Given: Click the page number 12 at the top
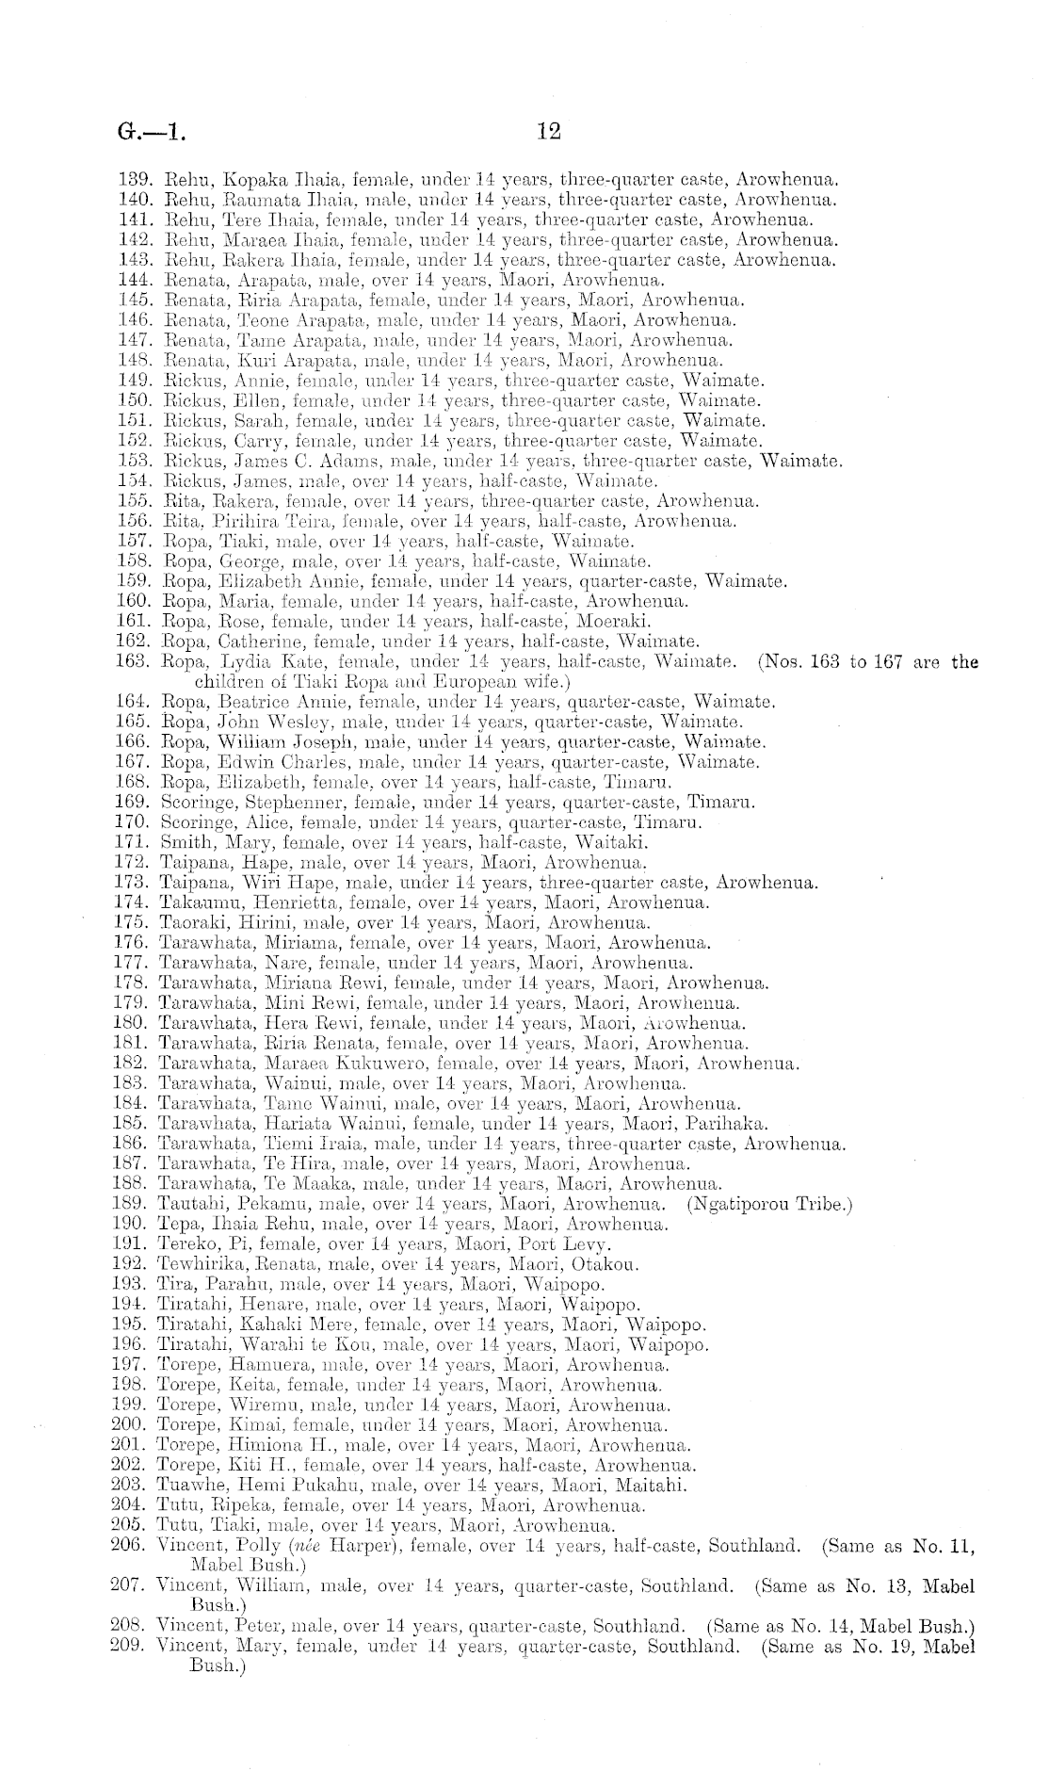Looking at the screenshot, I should [x=548, y=131].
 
